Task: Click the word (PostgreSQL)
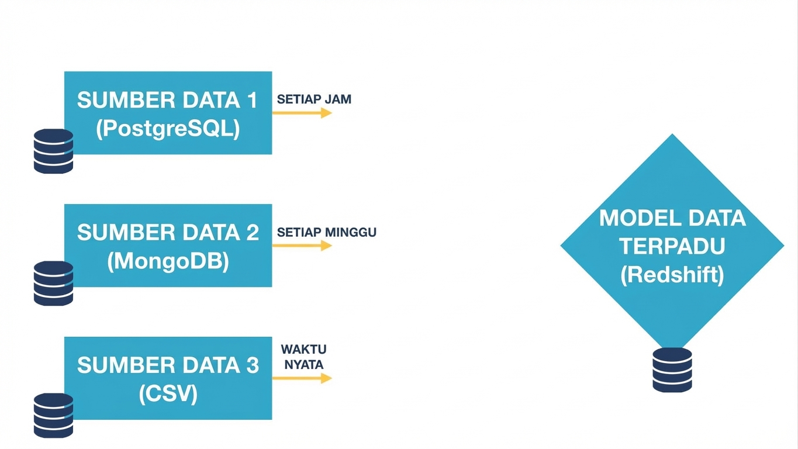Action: pos(168,129)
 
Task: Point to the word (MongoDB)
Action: pos(168,262)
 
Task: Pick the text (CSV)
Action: pos(168,394)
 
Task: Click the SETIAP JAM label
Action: pos(314,99)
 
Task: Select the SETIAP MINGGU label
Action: pos(326,232)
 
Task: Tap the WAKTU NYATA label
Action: pos(303,357)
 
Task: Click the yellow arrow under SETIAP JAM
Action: pos(302,113)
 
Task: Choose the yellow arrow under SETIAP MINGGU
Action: pos(302,246)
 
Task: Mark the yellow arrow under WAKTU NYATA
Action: pos(302,378)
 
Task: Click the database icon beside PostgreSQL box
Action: pos(53,151)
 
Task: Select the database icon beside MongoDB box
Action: pos(53,284)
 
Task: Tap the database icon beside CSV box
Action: pos(53,416)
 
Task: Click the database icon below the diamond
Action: pos(672,369)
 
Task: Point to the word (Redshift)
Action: pos(672,275)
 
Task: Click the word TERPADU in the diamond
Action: pos(672,246)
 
